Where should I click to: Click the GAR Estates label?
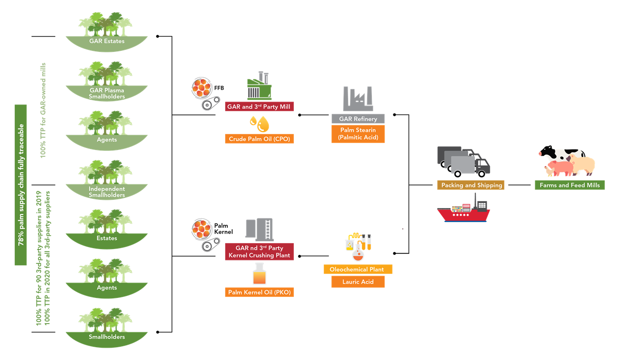pyautogui.click(x=106, y=41)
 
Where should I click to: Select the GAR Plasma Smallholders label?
pyautogui.click(x=106, y=93)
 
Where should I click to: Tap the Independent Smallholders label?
pyautogui.click(x=106, y=192)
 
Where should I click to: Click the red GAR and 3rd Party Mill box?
pyautogui.click(x=259, y=107)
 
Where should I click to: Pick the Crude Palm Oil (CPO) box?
pyautogui.click(x=259, y=139)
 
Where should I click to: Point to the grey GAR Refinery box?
pyautogui.click(x=358, y=119)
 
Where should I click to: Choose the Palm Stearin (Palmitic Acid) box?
pyautogui.click(x=358, y=134)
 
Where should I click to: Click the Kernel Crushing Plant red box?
pyautogui.click(x=259, y=252)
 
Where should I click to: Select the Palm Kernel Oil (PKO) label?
pyautogui.click(x=259, y=292)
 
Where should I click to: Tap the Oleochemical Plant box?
pyautogui.click(x=358, y=269)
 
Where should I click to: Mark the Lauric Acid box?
pyautogui.click(x=358, y=282)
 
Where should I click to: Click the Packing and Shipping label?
pyautogui.click(x=471, y=185)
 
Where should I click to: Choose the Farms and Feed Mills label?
pyautogui.click(x=569, y=185)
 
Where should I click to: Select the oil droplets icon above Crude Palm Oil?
pyautogui.click(x=260, y=123)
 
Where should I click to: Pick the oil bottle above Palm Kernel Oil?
pyautogui.click(x=259, y=274)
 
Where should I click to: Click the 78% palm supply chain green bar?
pyautogui.click(x=21, y=185)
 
